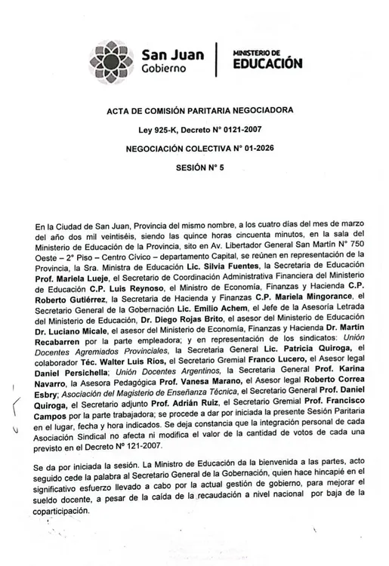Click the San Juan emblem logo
click(116, 58)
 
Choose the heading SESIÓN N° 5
click(200, 169)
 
